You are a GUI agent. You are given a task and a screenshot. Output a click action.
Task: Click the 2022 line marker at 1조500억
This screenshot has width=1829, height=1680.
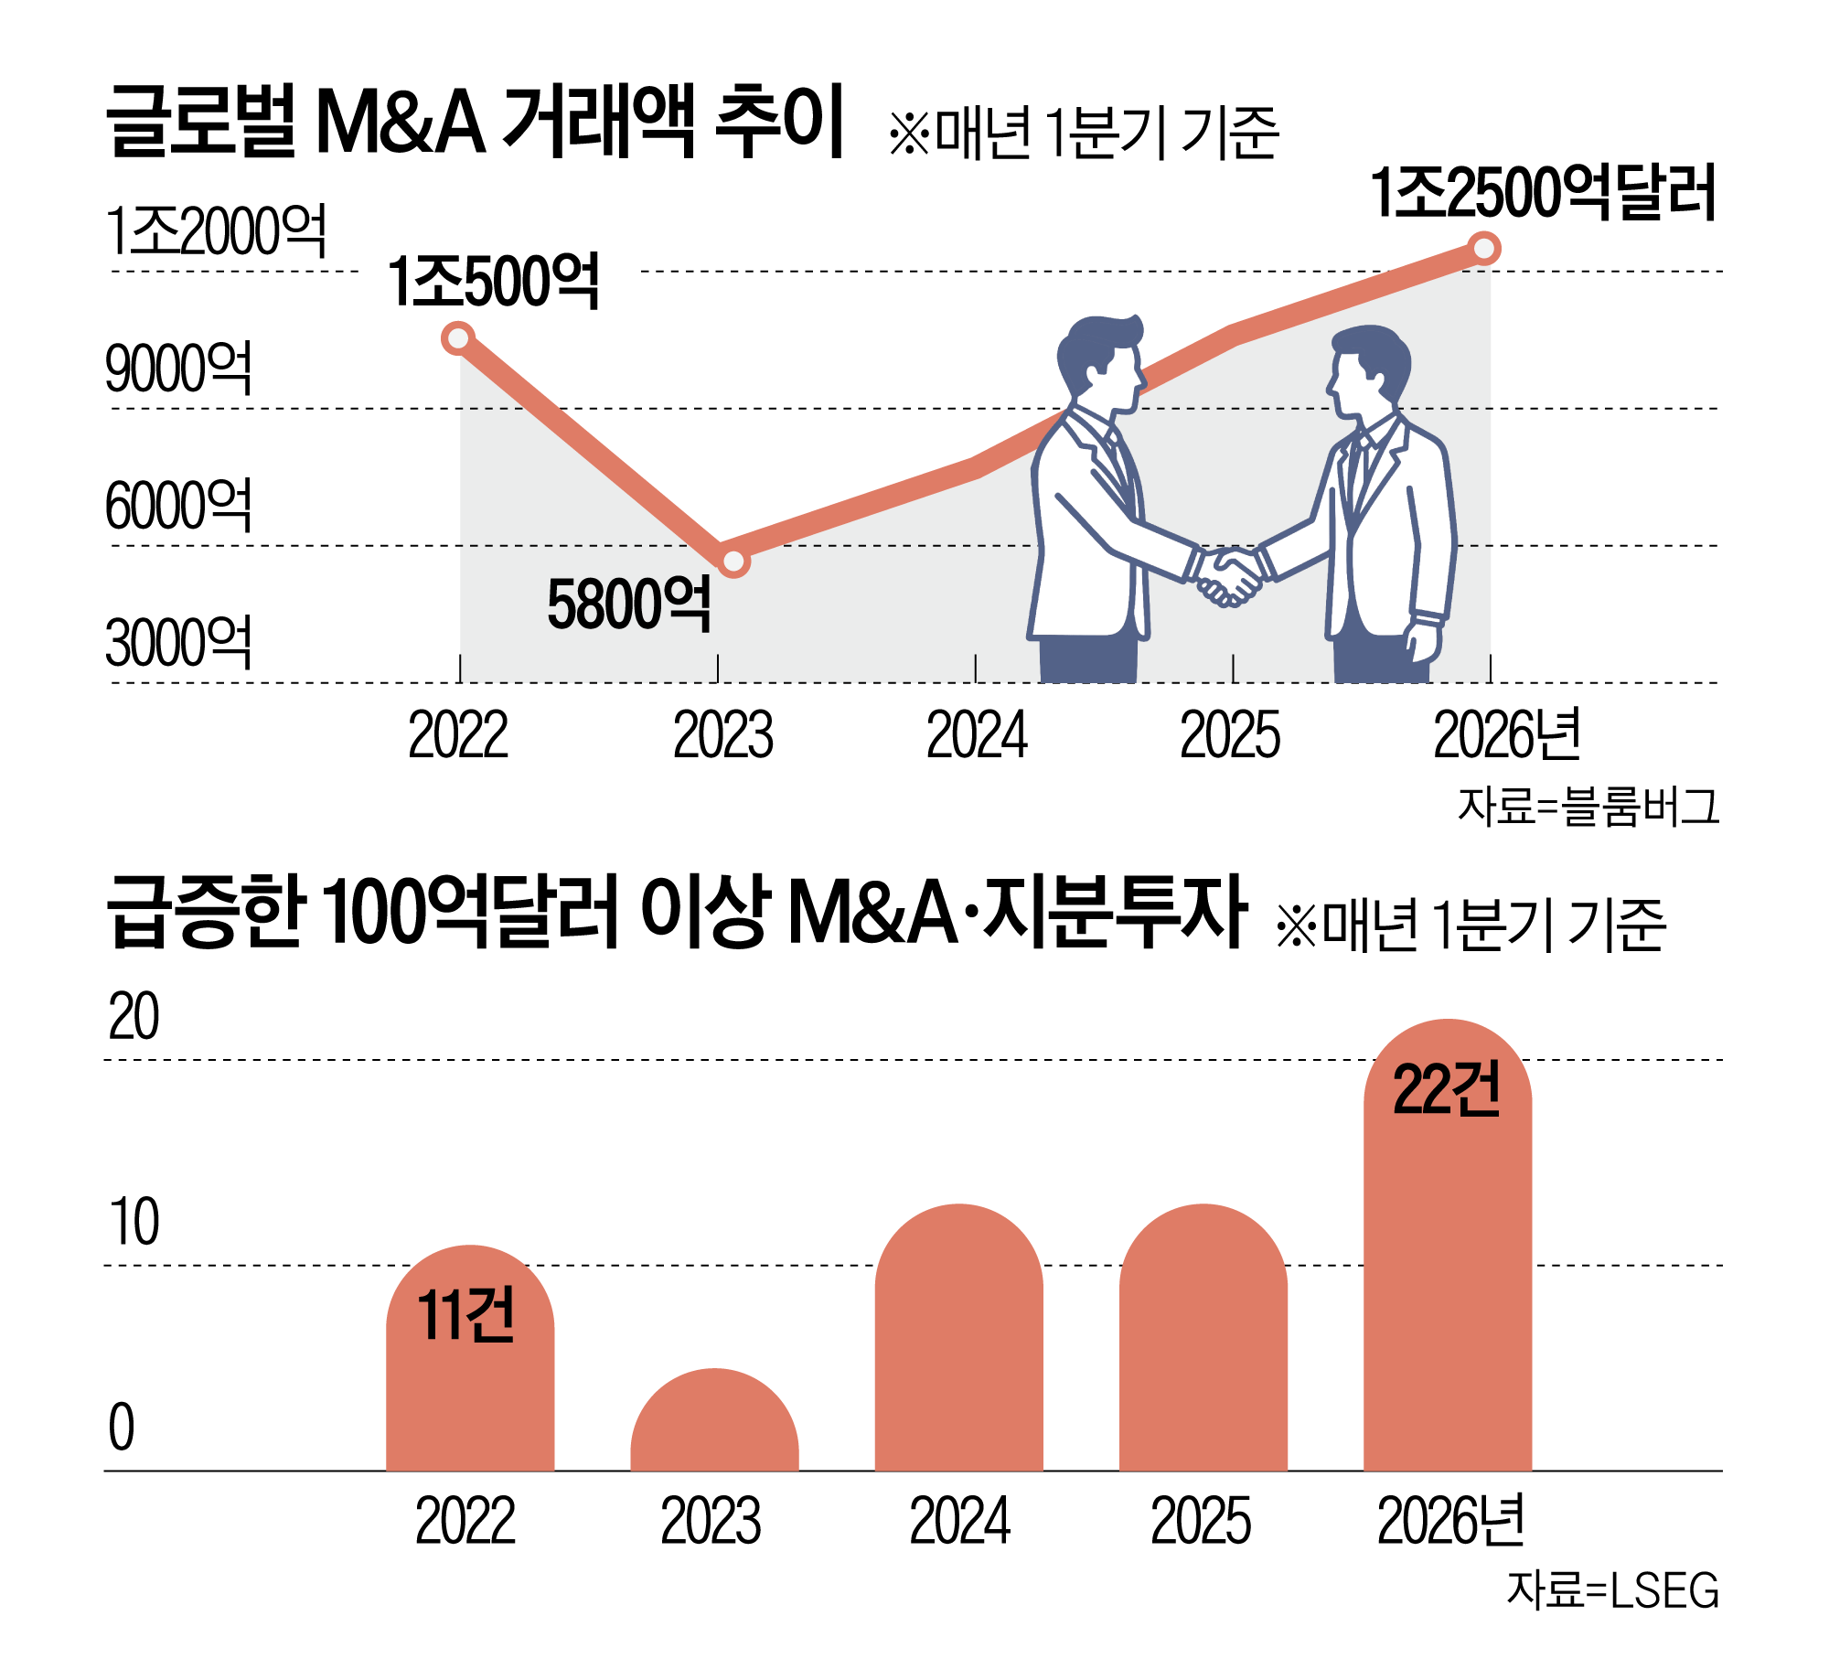click(x=457, y=338)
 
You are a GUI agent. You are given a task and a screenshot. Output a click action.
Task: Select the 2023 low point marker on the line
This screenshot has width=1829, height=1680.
click(x=733, y=561)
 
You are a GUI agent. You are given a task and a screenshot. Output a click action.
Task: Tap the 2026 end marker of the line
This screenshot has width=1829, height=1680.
click(x=1484, y=248)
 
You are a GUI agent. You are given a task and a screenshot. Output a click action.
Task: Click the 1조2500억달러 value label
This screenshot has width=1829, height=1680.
click(x=1543, y=193)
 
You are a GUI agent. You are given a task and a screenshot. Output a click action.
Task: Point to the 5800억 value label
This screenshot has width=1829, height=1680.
click(x=629, y=605)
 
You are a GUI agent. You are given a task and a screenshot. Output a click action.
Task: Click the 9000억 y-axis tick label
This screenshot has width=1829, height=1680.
click(x=178, y=369)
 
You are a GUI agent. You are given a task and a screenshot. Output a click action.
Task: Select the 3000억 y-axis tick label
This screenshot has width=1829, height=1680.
click(x=178, y=643)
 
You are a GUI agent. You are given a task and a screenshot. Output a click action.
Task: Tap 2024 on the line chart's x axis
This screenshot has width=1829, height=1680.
click(x=977, y=735)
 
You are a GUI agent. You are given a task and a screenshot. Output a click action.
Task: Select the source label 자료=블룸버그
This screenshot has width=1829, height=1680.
click(x=1588, y=807)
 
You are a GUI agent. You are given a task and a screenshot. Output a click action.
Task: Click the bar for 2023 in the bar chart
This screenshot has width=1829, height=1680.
click(x=714, y=1423)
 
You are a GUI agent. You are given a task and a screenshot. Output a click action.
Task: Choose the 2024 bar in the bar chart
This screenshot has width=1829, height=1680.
click(x=958, y=1340)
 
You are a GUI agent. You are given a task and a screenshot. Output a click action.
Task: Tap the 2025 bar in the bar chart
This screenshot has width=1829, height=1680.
click(x=1203, y=1340)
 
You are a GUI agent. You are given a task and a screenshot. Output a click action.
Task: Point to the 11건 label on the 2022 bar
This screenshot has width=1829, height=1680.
click(x=466, y=1315)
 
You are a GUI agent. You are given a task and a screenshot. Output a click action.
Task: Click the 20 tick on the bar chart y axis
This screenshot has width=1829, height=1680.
click(x=134, y=1016)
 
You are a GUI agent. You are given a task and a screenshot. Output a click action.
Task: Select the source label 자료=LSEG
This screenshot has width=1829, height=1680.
click(x=1612, y=1590)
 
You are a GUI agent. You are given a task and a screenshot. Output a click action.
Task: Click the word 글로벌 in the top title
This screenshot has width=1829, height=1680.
click(x=201, y=122)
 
